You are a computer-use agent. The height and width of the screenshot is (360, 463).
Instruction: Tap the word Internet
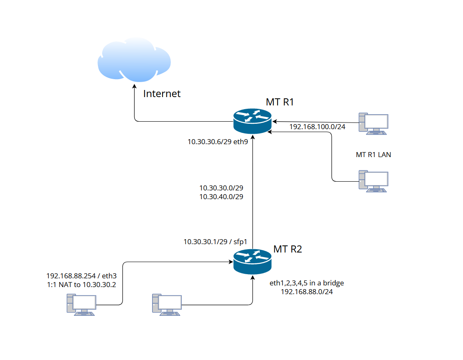pos(162,94)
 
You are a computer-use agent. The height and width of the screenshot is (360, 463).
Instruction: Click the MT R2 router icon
pos(252,261)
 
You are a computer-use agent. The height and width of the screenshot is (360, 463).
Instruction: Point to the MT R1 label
pos(280,102)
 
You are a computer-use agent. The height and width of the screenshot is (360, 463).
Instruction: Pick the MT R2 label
pos(288,250)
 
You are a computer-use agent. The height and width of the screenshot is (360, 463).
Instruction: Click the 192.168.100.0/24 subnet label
pos(317,127)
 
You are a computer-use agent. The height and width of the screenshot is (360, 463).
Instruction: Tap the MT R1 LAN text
pos(373,155)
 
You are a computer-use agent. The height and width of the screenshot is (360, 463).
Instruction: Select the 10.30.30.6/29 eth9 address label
pos(218,142)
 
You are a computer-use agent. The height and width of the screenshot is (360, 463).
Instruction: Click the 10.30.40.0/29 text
pos(221,196)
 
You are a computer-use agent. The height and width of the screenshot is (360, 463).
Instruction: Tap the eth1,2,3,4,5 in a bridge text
pos(307,283)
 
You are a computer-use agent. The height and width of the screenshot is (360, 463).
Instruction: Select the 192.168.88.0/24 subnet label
pos(307,292)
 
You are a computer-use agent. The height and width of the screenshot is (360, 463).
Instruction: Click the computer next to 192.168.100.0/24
pos(373,123)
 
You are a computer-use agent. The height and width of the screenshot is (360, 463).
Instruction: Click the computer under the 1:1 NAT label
pos(82,305)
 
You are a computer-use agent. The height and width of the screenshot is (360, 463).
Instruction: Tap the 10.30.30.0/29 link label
pos(221,188)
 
